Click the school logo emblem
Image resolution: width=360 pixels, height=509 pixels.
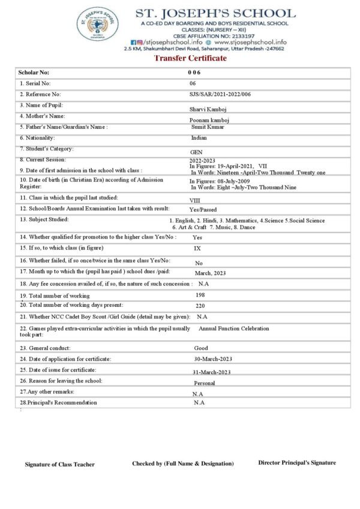click(x=94, y=26)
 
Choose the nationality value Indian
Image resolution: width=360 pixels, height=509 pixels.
click(x=199, y=138)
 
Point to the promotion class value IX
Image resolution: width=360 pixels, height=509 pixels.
click(x=197, y=248)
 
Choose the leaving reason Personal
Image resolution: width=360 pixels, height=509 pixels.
click(x=205, y=382)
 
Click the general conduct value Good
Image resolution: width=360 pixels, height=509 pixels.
click(x=201, y=348)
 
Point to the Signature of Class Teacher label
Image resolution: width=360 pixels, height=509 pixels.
click(x=59, y=464)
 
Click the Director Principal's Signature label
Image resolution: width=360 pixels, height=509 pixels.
click(x=297, y=462)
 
